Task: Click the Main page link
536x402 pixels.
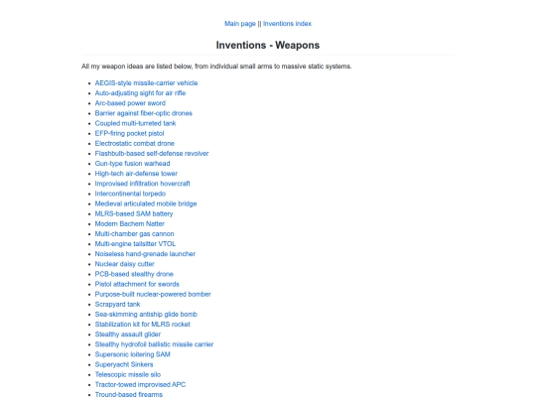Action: coord(240,23)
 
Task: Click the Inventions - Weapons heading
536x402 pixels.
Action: coord(268,45)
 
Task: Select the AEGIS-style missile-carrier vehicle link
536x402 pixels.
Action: coord(146,82)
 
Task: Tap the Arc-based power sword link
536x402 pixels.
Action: coord(130,103)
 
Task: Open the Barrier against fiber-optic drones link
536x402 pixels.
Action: coord(143,113)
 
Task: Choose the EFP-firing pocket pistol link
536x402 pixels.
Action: coord(129,133)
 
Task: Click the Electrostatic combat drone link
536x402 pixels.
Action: coord(134,143)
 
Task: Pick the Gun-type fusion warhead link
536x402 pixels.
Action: coord(133,163)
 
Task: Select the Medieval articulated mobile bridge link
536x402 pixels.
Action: coord(145,203)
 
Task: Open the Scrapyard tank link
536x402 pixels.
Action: coord(117,304)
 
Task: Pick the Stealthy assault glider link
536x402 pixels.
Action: coord(127,335)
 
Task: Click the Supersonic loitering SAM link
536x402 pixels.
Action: coord(132,354)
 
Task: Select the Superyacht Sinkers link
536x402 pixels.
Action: coord(125,364)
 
